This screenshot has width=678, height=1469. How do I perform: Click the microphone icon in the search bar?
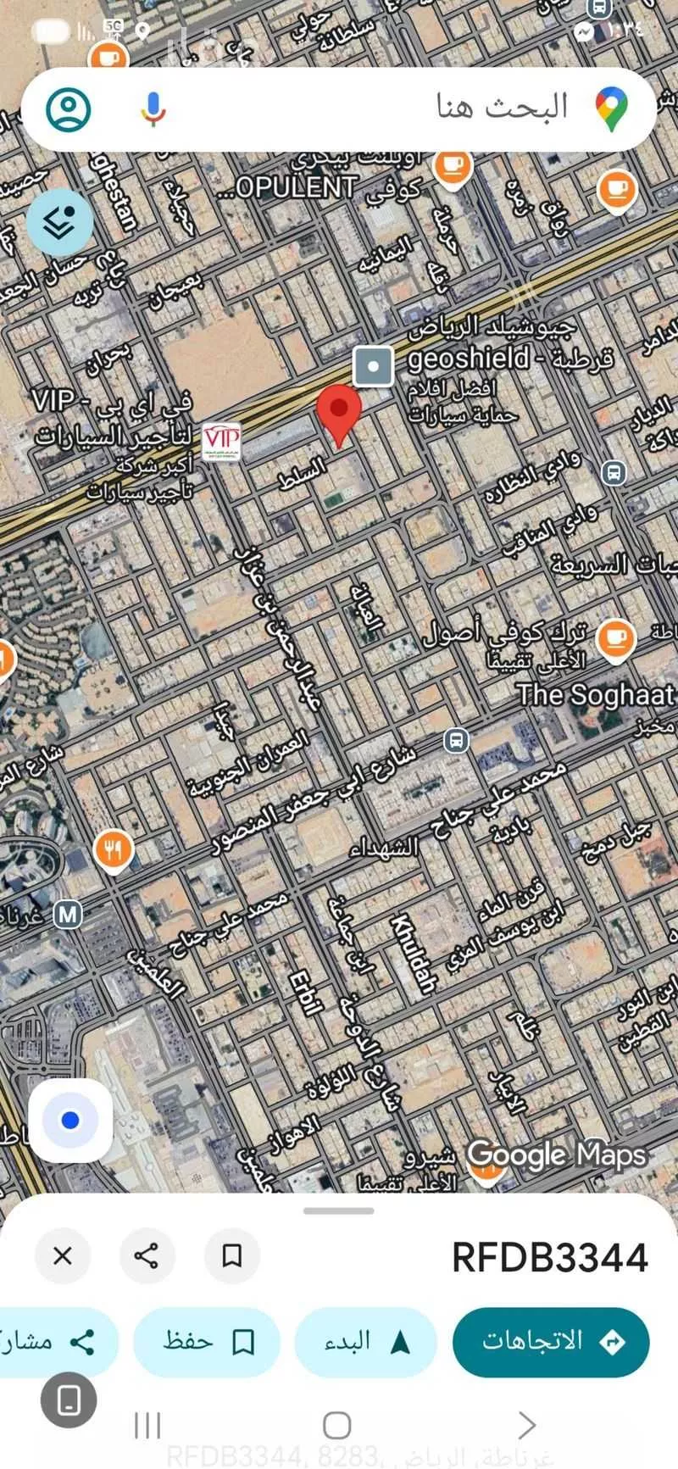[x=153, y=109]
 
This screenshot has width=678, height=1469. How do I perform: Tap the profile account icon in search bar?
[x=68, y=109]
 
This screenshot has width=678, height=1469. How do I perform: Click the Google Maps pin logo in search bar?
[x=611, y=109]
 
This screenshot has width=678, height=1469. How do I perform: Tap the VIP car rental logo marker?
[x=221, y=442]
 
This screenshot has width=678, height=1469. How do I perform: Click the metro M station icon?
[x=68, y=915]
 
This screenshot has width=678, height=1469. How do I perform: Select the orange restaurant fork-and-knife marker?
[x=113, y=849]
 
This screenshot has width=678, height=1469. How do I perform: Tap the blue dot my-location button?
[x=70, y=1121]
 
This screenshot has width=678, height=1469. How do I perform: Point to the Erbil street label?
[x=305, y=992]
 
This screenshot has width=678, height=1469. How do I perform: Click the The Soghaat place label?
[x=596, y=695]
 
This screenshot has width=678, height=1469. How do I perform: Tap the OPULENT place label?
[x=288, y=187]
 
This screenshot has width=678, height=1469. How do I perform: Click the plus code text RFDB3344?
[x=549, y=1257]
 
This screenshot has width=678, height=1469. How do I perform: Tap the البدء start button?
[x=366, y=1341]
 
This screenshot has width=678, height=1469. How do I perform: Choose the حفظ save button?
[x=207, y=1341]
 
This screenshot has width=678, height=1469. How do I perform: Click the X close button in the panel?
[x=63, y=1255]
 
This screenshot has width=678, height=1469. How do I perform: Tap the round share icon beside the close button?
[x=147, y=1255]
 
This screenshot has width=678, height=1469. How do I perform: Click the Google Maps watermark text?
[x=556, y=1155]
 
